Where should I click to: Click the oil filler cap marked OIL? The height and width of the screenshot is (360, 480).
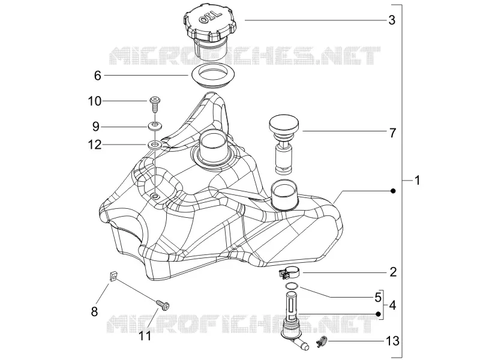[x=209, y=30]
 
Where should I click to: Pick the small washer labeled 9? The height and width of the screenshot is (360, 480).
[x=155, y=125]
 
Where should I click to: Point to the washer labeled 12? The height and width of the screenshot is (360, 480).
[x=155, y=145]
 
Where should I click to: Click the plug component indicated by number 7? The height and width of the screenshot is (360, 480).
[x=284, y=144]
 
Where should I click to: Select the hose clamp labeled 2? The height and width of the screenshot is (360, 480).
[x=289, y=272]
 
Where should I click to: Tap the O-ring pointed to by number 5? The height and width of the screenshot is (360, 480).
[x=291, y=286]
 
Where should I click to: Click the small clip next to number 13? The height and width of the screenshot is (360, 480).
[x=322, y=340]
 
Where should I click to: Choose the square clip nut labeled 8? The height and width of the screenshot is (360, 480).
[x=113, y=277]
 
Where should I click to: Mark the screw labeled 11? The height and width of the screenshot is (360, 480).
[x=163, y=305]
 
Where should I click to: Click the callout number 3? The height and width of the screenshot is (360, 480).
[x=392, y=20]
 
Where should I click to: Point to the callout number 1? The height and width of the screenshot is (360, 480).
[x=417, y=181]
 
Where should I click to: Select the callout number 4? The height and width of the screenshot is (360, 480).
[x=392, y=305]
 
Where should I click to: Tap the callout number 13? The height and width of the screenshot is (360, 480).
[x=393, y=341]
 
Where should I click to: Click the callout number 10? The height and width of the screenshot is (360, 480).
[x=95, y=101]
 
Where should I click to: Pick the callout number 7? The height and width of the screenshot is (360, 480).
[x=392, y=133]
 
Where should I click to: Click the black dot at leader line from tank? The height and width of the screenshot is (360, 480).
[x=394, y=191]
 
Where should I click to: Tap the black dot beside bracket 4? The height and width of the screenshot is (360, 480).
[x=378, y=314]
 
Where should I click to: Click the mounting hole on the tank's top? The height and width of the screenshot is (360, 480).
[x=155, y=196]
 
